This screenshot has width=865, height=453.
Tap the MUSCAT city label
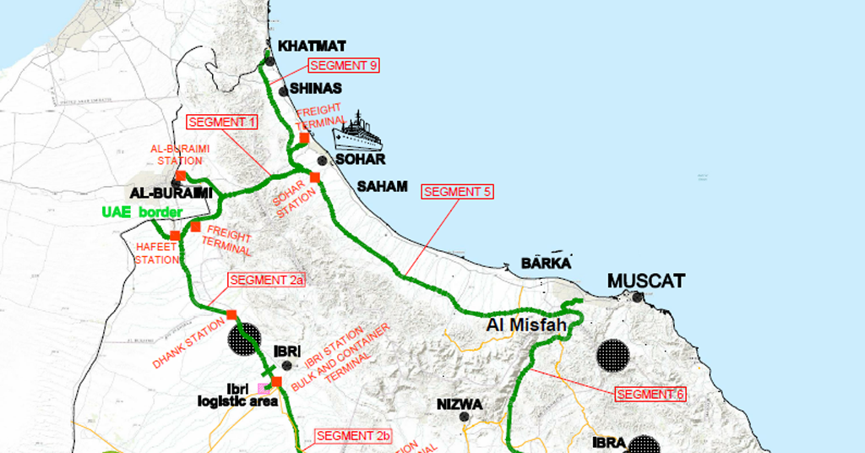pos(645,281)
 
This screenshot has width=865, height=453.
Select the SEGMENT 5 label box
pos(457,192)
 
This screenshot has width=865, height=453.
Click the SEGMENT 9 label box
pos(342,65)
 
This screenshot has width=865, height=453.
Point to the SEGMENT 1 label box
pos(222,122)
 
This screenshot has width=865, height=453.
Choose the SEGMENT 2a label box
pos(266,281)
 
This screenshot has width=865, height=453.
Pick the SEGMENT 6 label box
pos(650,394)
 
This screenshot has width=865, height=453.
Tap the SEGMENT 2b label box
pos(354,436)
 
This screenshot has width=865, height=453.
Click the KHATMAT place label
pos(313,46)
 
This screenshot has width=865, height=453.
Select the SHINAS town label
pos(315,88)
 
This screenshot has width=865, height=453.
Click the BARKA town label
pos(546,263)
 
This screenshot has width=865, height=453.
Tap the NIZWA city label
pos(460,404)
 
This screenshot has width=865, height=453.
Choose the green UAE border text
pos(142,211)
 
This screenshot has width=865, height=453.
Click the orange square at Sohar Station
pos(314,177)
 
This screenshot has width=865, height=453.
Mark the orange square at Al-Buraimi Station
pos(181,175)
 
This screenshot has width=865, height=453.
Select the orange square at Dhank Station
pos(231,314)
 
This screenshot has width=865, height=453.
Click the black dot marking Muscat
pos(638,297)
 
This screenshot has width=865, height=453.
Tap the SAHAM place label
pos(382,186)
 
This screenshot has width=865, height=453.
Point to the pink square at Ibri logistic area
pos(263,389)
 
